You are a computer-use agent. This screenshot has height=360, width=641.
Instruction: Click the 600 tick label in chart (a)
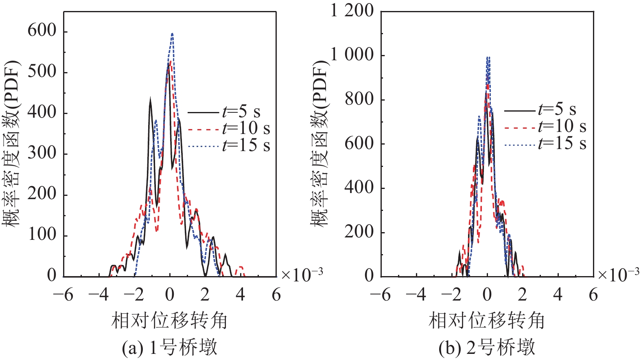coord(42,31)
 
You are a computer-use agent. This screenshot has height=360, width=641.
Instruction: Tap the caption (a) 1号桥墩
coord(169,348)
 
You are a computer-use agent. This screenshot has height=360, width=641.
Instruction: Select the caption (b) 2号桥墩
coord(487,348)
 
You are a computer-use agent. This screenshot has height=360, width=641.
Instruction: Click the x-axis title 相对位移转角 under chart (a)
coord(169,320)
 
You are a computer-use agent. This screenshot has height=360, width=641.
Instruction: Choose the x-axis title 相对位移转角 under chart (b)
coord(487,320)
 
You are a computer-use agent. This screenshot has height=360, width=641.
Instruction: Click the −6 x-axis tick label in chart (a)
coord(63,294)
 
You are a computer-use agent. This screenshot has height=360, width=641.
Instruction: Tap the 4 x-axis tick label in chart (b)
coord(558,294)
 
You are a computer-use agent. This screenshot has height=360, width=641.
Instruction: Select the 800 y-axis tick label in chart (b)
coord(359,99)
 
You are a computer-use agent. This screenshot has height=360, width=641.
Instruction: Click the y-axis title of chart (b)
coord(320,143)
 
